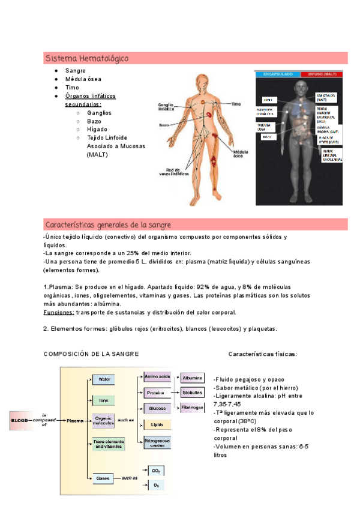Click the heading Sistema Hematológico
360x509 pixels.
pos(86,58)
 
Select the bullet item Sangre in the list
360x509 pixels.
pos(76,71)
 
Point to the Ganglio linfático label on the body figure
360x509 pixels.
pos(167,107)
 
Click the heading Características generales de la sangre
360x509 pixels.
pos(108,224)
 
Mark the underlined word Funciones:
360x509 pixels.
pos(59,312)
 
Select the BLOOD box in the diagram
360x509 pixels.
pos(20,421)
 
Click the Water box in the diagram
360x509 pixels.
pos(103,379)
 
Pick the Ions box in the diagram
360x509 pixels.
pos(103,400)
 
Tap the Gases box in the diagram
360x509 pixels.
pos(103,478)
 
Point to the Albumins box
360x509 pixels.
pos(192,378)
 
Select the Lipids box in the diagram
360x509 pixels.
pos(157,424)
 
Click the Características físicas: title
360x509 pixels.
pos(262,354)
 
